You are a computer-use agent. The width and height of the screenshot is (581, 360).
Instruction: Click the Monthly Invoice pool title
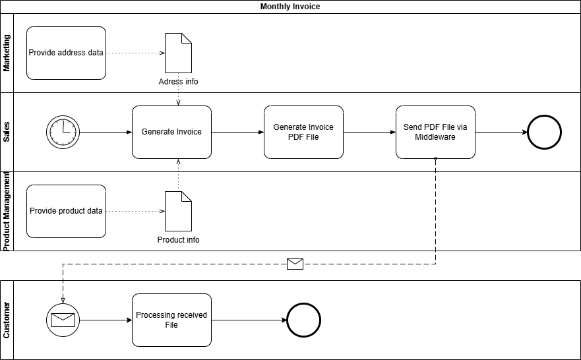pyautogui.click(x=290, y=7)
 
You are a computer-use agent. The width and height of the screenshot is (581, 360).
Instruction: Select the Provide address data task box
pyautogui.click(x=66, y=53)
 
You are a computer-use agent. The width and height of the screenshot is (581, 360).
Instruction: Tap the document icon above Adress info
pyautogui.click(x=178, y=53)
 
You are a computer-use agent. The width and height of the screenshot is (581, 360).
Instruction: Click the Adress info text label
pyautogui.click(x=178, y=82)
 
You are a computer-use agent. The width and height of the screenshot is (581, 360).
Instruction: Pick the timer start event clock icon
pyautogui.click(x=63, y=132)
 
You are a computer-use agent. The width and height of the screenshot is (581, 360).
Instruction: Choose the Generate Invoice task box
pyautogui.click(x=171, y=132)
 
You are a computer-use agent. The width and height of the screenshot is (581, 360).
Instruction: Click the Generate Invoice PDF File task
pyautogui.click(x=303, y=132)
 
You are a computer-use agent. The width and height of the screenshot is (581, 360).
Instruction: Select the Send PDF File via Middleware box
pyautogui.click(x=435, y=132)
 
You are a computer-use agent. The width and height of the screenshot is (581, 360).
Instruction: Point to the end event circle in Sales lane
pyautogui.click(x=544, y=132)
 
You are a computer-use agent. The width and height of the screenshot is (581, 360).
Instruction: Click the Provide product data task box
pyautogui.click(x=66, y=211)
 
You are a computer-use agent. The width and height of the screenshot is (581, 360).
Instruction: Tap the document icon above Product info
pyautogui.click(x=178, y=211)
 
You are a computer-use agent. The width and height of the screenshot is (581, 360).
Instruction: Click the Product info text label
pyautogui.click(x=178, y=240)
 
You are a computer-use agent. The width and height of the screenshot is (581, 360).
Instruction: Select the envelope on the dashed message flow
pyautogui.click(x=295, y=264)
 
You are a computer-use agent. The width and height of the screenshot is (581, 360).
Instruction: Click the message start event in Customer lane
pyautogui.click(x=63, y=320)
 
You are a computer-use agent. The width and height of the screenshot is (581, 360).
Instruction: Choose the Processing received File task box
pyautogui.click(x=171, y=320)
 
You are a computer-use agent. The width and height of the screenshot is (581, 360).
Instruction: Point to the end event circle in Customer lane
pyautogui.click(x=303, y=320)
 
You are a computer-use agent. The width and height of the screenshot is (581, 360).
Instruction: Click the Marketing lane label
pyautogui.click(x=7, y=53)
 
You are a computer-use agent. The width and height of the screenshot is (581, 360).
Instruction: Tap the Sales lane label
pyautogui.click(x=7, y=132)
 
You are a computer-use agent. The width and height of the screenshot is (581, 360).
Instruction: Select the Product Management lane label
pyautogui.click(x=7, y=211)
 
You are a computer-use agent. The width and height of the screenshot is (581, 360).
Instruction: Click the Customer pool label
pyautogui.click(x=7, y=320)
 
